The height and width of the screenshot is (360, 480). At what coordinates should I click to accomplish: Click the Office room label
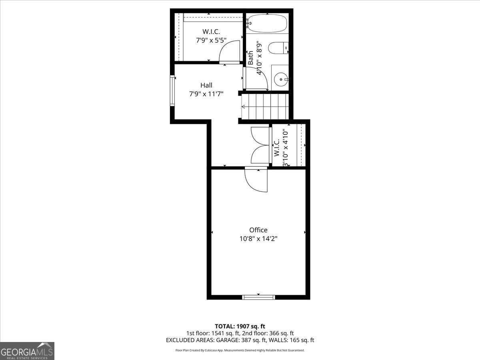(258, 230)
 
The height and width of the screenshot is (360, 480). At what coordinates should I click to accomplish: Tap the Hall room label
(206, 85)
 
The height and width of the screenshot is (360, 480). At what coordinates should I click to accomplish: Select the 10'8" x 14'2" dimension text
(258, 238)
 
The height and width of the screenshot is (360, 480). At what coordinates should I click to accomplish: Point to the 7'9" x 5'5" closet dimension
(211, 40)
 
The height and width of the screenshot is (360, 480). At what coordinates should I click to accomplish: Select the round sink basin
(280, 79)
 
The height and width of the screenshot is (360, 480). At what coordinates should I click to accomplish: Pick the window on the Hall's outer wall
(172, 91)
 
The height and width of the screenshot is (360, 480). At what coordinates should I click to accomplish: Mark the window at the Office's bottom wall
(258, 297)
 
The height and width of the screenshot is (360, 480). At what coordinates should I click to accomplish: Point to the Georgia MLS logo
(27, 351)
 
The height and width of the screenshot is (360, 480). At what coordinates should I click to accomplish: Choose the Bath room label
(250, 58)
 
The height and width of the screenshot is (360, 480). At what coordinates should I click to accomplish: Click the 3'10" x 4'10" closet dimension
(286, 149)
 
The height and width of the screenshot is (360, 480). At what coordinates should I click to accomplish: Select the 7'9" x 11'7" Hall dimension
(206, 94)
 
